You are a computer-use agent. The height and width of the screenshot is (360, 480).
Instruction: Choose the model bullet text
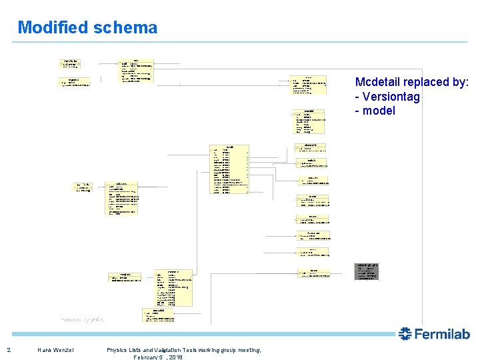[x=379, y=111]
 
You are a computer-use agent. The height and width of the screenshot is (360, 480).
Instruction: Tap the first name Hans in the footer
[x=45, y=350]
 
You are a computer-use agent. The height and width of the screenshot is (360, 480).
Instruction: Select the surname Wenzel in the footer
[x=64, y=350]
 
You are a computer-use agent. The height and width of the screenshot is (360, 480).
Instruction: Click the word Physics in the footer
[x=118, y=350]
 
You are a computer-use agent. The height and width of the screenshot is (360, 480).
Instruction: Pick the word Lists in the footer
[x=140, y=350]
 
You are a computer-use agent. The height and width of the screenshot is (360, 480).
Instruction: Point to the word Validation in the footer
[x=171, y=350]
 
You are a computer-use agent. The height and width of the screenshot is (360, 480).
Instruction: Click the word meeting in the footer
[x=247, y=350]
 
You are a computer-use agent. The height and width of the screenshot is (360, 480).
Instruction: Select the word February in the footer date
[x=147, y=357]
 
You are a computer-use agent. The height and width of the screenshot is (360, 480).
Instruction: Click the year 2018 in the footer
[x=175, y=357]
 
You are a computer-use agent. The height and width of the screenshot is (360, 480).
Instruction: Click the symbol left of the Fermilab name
[x=406, y=334]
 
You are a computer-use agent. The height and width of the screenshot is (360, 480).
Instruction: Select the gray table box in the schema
[x=367, y=271]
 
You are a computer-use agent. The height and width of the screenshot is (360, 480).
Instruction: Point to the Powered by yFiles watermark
[x=82, y=319]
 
